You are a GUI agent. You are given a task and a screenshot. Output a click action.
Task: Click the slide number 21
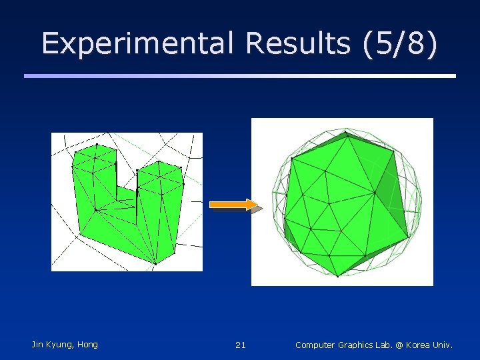241,345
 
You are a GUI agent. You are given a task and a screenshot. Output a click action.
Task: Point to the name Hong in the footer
87,345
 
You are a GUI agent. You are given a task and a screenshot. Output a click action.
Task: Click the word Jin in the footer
38,345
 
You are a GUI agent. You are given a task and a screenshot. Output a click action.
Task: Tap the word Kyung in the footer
59,345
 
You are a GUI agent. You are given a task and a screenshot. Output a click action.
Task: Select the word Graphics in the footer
359,345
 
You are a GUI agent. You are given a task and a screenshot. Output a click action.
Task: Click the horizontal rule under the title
240,76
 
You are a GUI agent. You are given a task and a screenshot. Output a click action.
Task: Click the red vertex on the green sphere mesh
341,231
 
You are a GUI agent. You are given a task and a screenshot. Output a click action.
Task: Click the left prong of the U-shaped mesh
96,170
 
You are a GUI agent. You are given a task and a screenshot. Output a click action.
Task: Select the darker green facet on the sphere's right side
394,193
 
